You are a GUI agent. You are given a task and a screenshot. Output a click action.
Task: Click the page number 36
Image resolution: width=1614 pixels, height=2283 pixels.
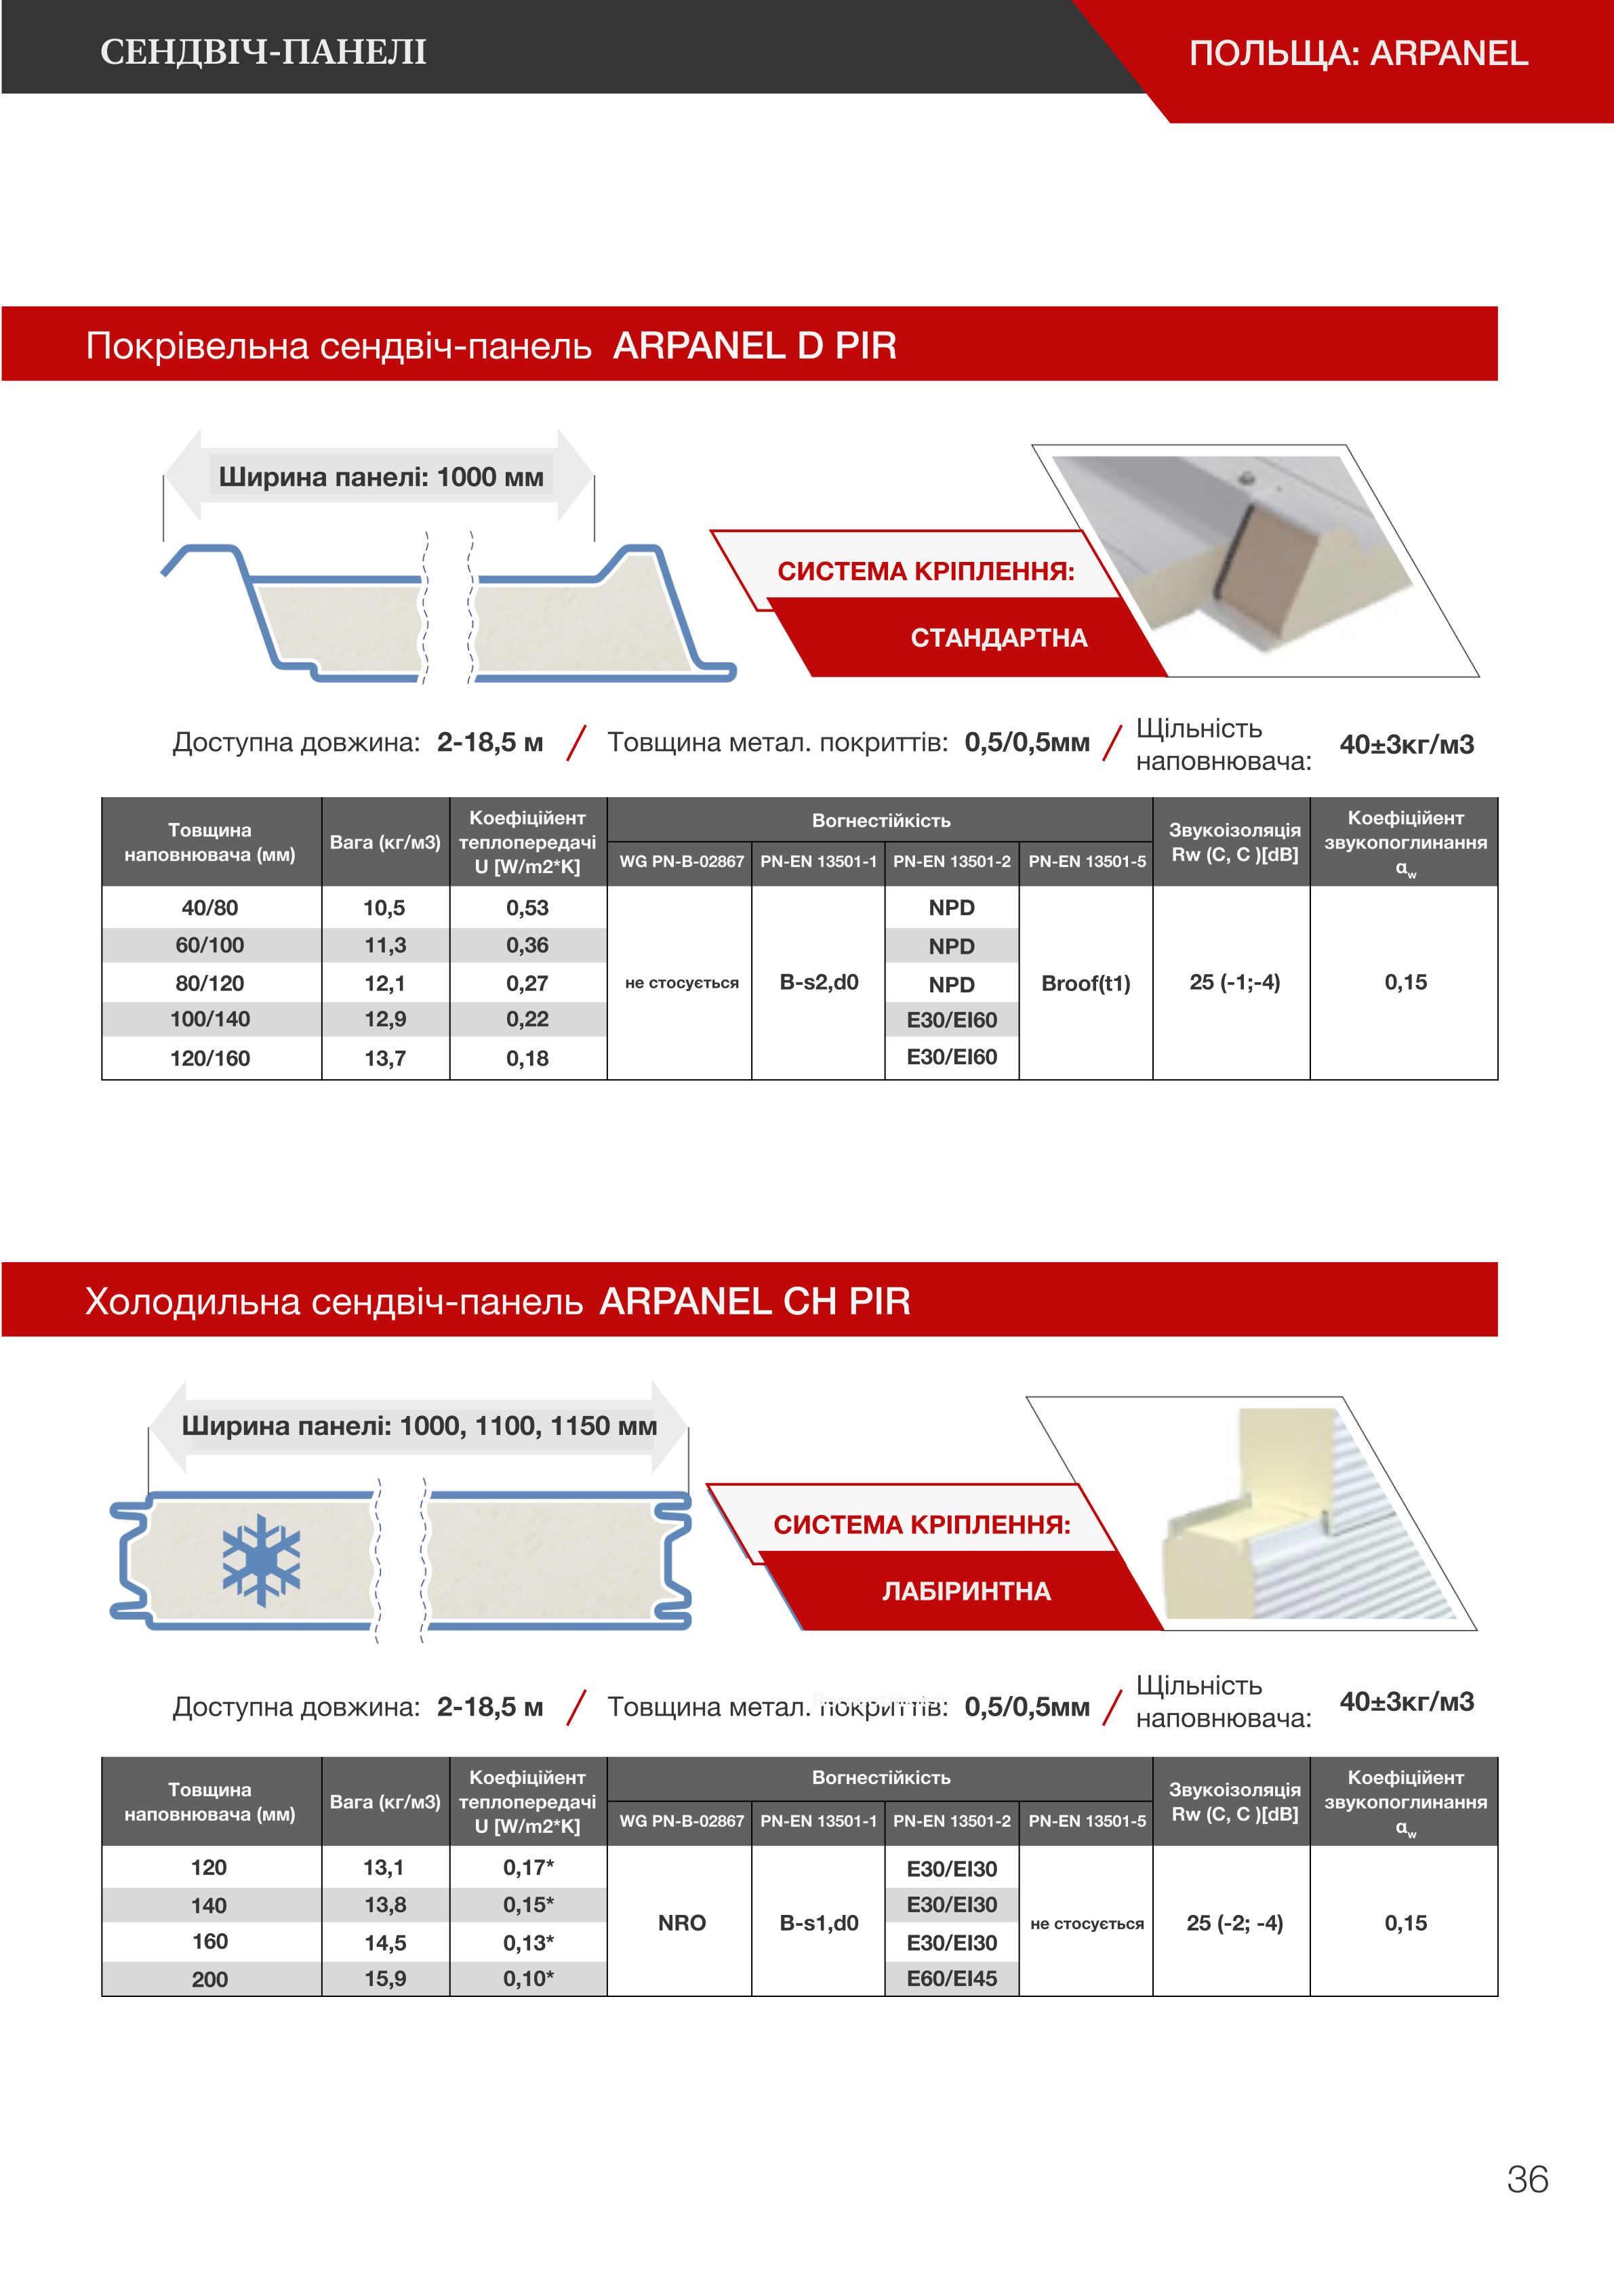1527,2179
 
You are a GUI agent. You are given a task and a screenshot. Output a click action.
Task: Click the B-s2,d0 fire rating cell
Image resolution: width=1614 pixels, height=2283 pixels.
818,982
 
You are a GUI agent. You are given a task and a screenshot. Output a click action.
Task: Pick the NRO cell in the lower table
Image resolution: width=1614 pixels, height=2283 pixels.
681,1922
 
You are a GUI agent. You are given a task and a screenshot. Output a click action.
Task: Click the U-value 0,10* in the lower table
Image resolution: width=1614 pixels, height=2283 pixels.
528,1978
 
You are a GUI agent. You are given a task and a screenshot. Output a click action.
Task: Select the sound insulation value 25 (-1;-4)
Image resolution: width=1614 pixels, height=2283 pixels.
1234,982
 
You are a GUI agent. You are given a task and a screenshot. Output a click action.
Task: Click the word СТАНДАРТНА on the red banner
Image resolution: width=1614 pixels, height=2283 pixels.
998,637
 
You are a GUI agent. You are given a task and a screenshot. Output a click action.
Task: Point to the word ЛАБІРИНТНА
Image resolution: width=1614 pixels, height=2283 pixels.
965,1591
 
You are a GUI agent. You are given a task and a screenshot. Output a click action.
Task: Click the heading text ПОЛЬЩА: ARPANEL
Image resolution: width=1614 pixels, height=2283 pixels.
1358,53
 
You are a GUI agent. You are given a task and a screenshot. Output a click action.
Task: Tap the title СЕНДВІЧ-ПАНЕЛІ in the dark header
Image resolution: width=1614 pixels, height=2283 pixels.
264,52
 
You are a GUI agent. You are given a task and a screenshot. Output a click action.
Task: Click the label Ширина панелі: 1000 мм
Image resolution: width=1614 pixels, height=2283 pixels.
381,477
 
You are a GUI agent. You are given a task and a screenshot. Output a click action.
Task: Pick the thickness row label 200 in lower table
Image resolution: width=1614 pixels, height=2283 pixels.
210,1979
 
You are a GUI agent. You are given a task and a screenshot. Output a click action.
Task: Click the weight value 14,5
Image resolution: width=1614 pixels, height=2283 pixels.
385,1942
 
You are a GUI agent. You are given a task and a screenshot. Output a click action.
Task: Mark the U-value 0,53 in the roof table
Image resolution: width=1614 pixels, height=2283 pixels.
527,908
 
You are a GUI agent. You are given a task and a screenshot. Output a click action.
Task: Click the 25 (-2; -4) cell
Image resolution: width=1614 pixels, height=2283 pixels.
1234,1922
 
